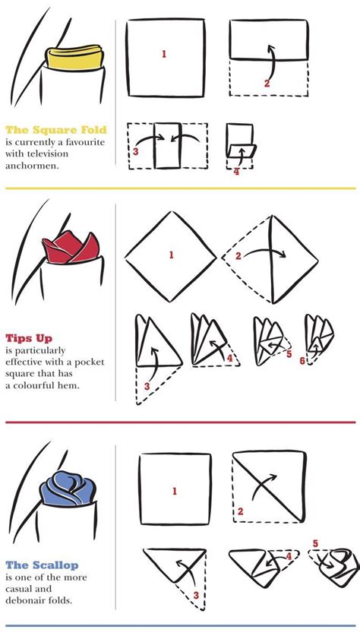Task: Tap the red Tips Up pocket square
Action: click(x=71, y=248)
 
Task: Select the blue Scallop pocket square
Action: click(x=68, y=489)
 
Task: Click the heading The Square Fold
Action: click(x=56, y=131)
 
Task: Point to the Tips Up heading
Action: click(x=29, y=339)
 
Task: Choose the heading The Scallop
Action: click(x=42, y=565)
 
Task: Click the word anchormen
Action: click(x=31, y=166)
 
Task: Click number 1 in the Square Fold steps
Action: click(x=164, y=54)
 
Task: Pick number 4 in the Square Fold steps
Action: click(x=236, y=172)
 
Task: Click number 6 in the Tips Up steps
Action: click(x=302, y=361)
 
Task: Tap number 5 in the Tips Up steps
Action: click(x=289, y=354)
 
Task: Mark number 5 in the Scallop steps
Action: click(x=315, y=543)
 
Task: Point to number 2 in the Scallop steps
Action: click(x=240, y=511)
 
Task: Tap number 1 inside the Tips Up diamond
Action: click(x=172, y=255)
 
